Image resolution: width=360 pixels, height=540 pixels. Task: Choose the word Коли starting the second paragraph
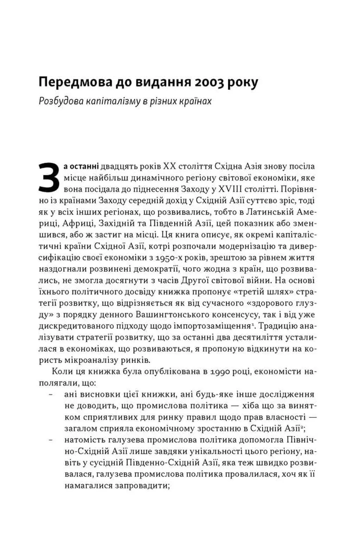(x=62, y=372)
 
